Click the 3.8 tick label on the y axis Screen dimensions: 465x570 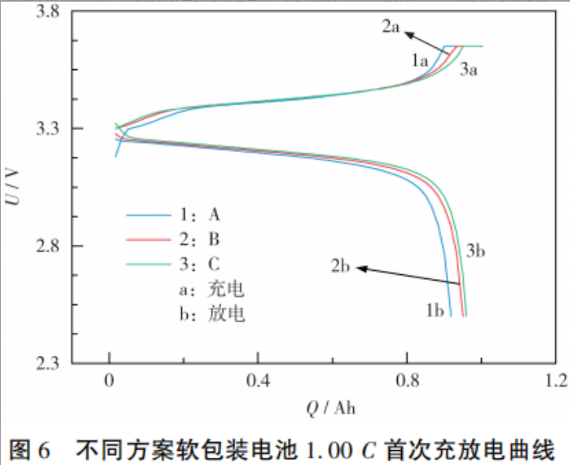(51, 12)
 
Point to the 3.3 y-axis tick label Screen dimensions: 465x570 (51, 129)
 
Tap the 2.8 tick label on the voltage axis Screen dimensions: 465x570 (51, 246)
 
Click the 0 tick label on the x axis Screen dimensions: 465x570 (109, 380)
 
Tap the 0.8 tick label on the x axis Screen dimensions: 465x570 (408, 380)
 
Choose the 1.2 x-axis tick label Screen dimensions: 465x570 (556, 380)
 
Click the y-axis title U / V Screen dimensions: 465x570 (14, 188)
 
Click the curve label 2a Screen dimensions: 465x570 (391, 27)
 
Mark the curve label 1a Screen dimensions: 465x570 (420, 60)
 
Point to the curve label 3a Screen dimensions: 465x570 (468, 70)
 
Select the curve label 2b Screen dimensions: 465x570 (341, 265)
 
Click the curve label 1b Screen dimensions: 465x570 (434, 310)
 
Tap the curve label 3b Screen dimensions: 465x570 (476, 251)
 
